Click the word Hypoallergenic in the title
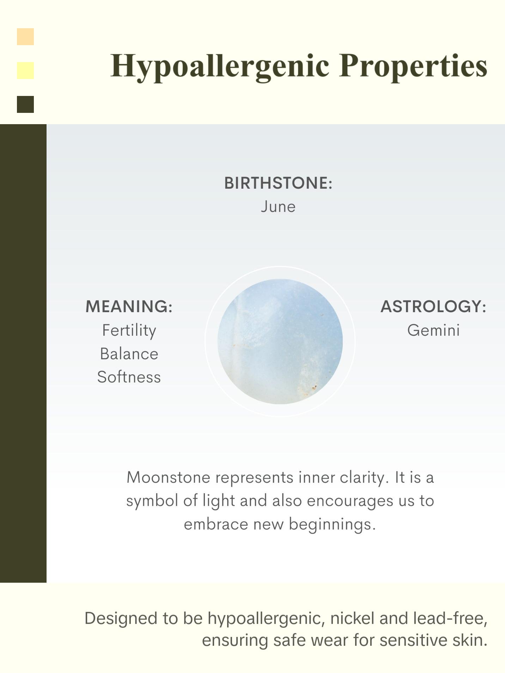click(219, 66)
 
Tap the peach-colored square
click(25, 37)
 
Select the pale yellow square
click(25, 71)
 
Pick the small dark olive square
click(25, 104)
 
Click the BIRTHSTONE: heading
click(278, 183)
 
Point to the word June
click(278, 207)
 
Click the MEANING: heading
click(129, 306)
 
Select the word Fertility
click(129, 331)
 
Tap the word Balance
click(129, 354)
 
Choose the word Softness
click(129, 377)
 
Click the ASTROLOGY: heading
click(433, 306)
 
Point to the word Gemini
click(433, 331)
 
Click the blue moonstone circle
click(280, 341)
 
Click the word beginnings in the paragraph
click(332, 524)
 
